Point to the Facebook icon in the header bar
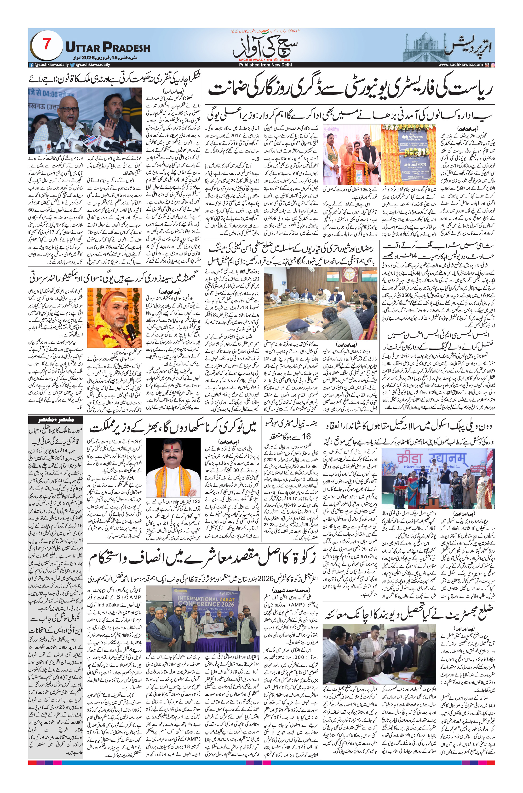(x=32, y=65)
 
